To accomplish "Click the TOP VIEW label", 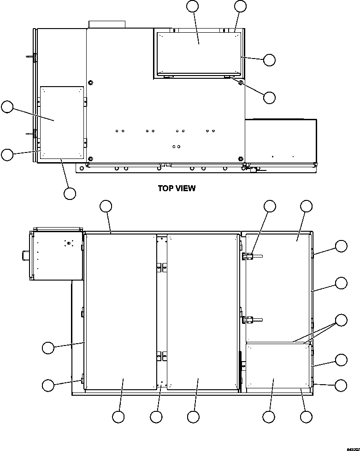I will pos(177,188).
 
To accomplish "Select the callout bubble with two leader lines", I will pos(341,320).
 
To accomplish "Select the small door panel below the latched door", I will pos(277,366).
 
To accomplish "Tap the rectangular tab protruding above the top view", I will pos(106,24).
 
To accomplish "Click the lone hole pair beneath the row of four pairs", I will pos(176,146).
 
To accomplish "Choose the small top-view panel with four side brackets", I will pos(61,122).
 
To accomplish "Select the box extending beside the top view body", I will pos(281,141).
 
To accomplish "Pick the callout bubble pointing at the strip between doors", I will pos(156,417).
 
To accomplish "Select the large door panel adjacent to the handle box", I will pos(121,311).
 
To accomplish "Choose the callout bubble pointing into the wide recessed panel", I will pos(193,6).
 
